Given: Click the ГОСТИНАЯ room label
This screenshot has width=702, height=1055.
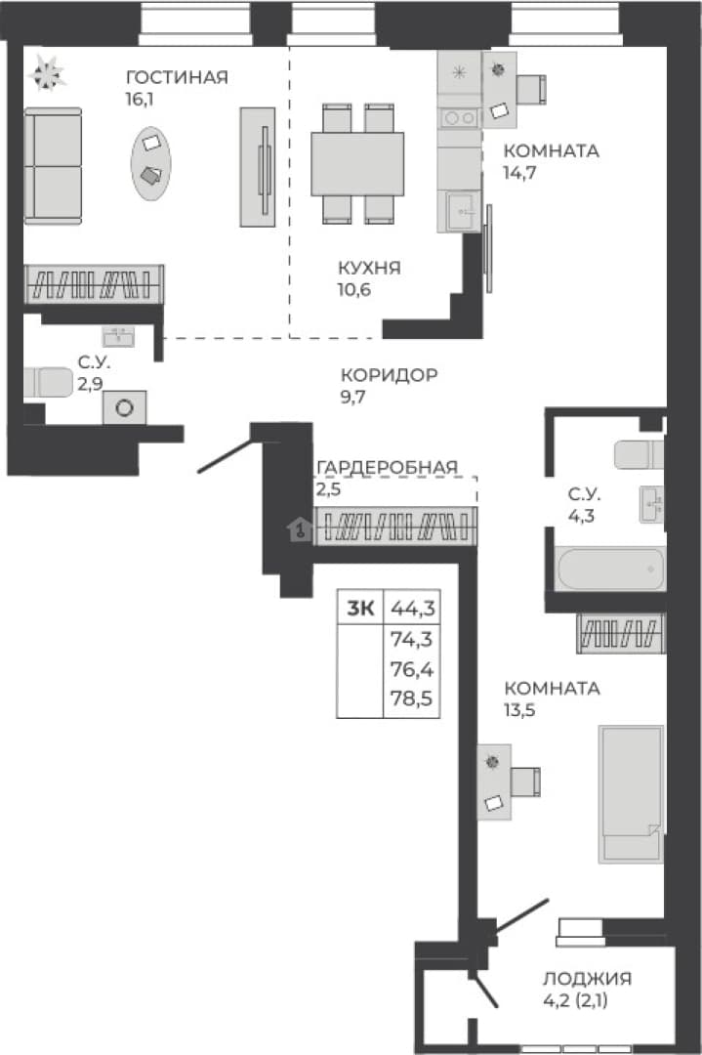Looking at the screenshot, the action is pos(177,77).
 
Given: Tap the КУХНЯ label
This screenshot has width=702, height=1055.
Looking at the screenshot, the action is pos(369,268).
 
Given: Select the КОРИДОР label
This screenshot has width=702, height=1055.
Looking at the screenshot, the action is pos(390,375).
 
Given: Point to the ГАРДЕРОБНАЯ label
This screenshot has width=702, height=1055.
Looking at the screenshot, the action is pos(388,466).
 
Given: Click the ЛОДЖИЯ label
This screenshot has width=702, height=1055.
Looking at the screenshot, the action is pos(588,978).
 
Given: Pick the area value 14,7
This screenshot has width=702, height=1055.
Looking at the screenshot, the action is pos(519,172).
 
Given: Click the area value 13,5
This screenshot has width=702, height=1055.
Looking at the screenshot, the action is pos(519,710).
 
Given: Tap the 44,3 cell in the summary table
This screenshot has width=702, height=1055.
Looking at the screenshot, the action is pos(413,609).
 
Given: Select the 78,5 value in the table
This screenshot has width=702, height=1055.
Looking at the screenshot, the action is pos(411,698).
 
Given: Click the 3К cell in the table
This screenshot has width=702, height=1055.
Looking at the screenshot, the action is pos(360,609).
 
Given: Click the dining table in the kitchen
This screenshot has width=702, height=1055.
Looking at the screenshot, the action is pos(357,164).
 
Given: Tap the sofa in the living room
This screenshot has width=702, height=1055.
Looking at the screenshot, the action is pos(53,165).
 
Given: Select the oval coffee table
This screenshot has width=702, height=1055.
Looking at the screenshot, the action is pos(150,163).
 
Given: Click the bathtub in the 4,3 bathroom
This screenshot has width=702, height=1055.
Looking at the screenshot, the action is pos(610,570).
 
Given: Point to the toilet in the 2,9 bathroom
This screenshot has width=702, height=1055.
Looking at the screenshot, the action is pos(48,382).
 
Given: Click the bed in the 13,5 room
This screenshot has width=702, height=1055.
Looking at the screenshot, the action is pos(631,793).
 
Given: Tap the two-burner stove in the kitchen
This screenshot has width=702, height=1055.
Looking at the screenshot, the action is pos(459,118).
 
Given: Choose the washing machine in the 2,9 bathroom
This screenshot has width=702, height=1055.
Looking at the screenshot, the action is pos(124,407).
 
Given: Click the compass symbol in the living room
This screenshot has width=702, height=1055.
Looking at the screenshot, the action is pos(47,72).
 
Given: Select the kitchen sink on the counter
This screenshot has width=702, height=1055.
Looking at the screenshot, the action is pos(459,211).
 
